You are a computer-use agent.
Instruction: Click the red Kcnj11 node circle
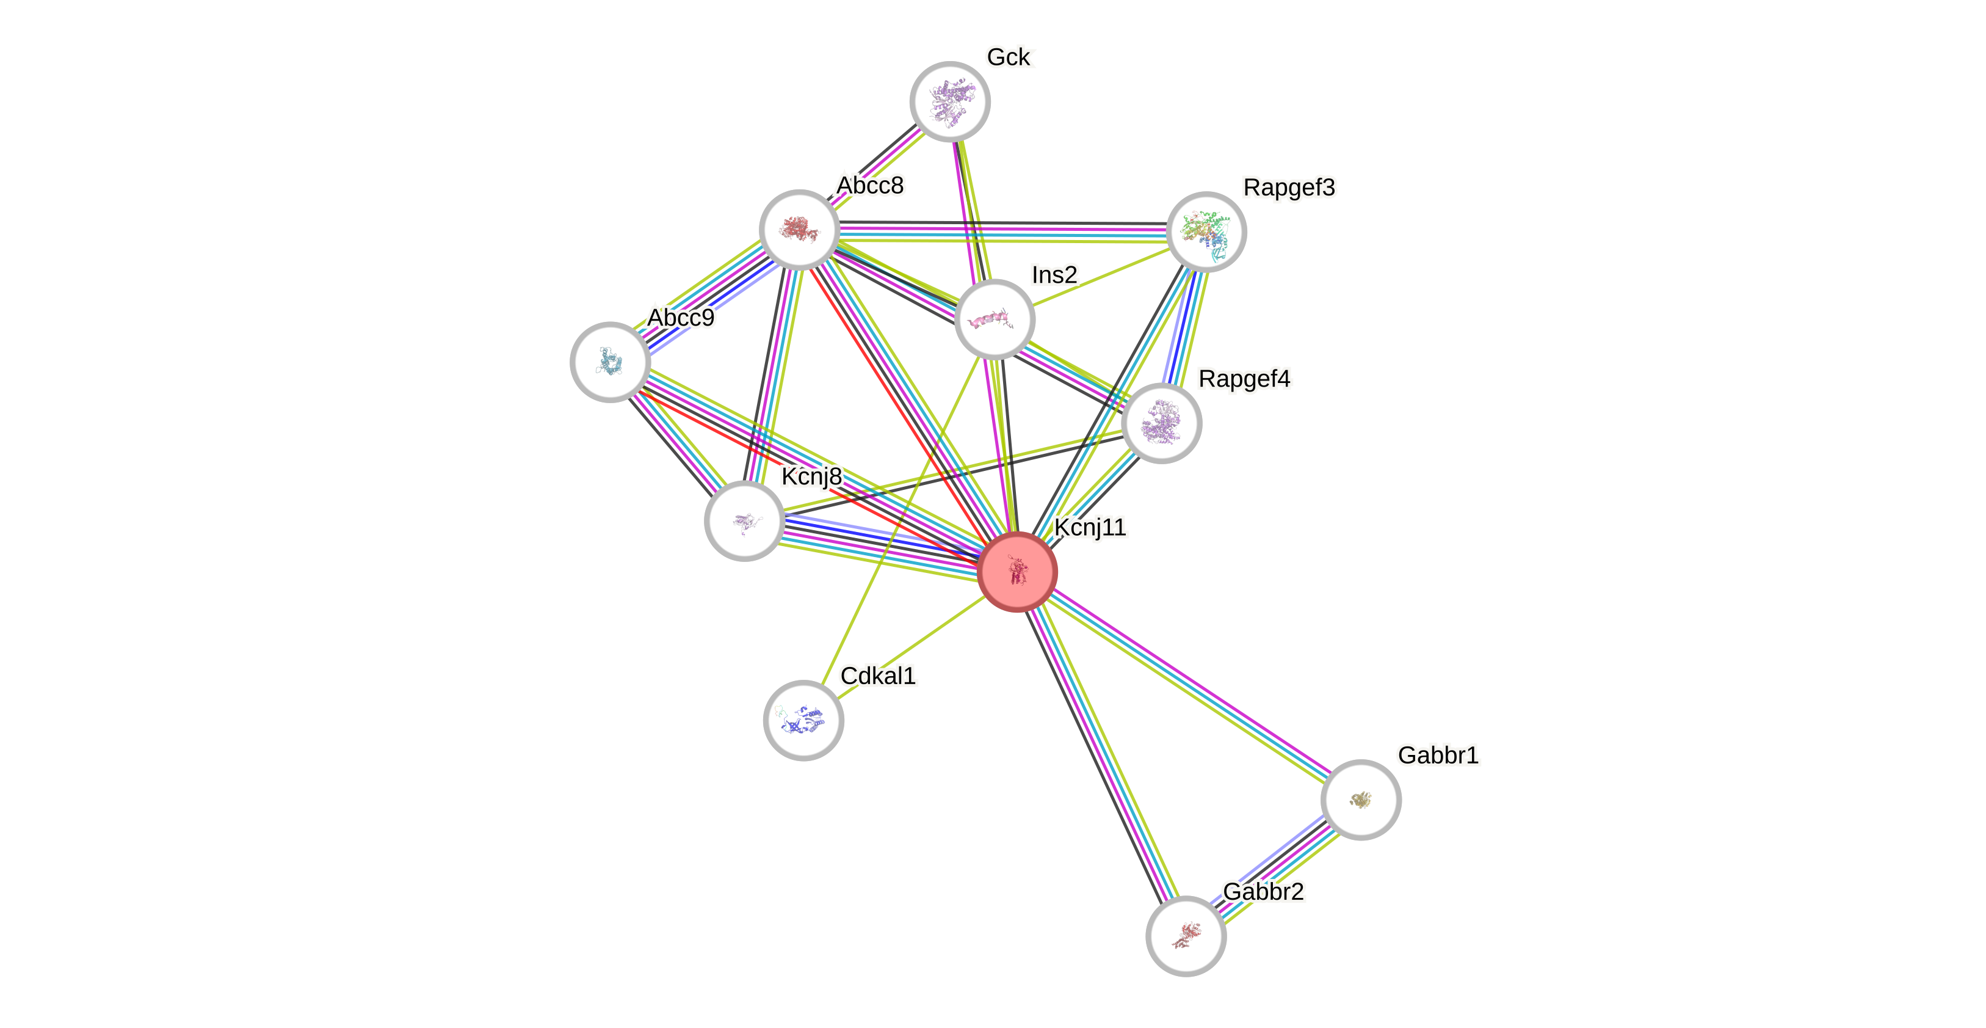(1017, 572)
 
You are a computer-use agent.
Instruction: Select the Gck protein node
(950, 102)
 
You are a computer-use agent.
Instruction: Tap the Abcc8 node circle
(800, 230)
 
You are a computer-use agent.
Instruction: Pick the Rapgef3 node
(1206, 231)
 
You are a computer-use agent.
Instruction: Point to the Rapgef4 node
(1161, 423)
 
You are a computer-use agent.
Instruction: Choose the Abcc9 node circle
(610, 362)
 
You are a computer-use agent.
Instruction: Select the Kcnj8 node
(744, 520)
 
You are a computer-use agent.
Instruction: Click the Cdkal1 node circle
(803, 720)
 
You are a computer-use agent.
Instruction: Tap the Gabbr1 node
(1361, 800)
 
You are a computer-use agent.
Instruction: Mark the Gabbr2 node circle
(1186, 935)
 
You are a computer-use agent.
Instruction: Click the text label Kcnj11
(1089, 528)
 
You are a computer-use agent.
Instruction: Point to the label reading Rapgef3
(1289, 188)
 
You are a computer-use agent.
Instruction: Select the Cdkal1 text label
(878, 676)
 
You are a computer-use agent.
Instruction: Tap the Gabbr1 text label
(1438, 755)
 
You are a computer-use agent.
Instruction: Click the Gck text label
(1009, 57)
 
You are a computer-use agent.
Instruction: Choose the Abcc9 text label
(681, 317)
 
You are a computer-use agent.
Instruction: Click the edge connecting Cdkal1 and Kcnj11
(910, 646)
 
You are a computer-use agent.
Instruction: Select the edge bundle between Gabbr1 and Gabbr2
(1274, 867)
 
